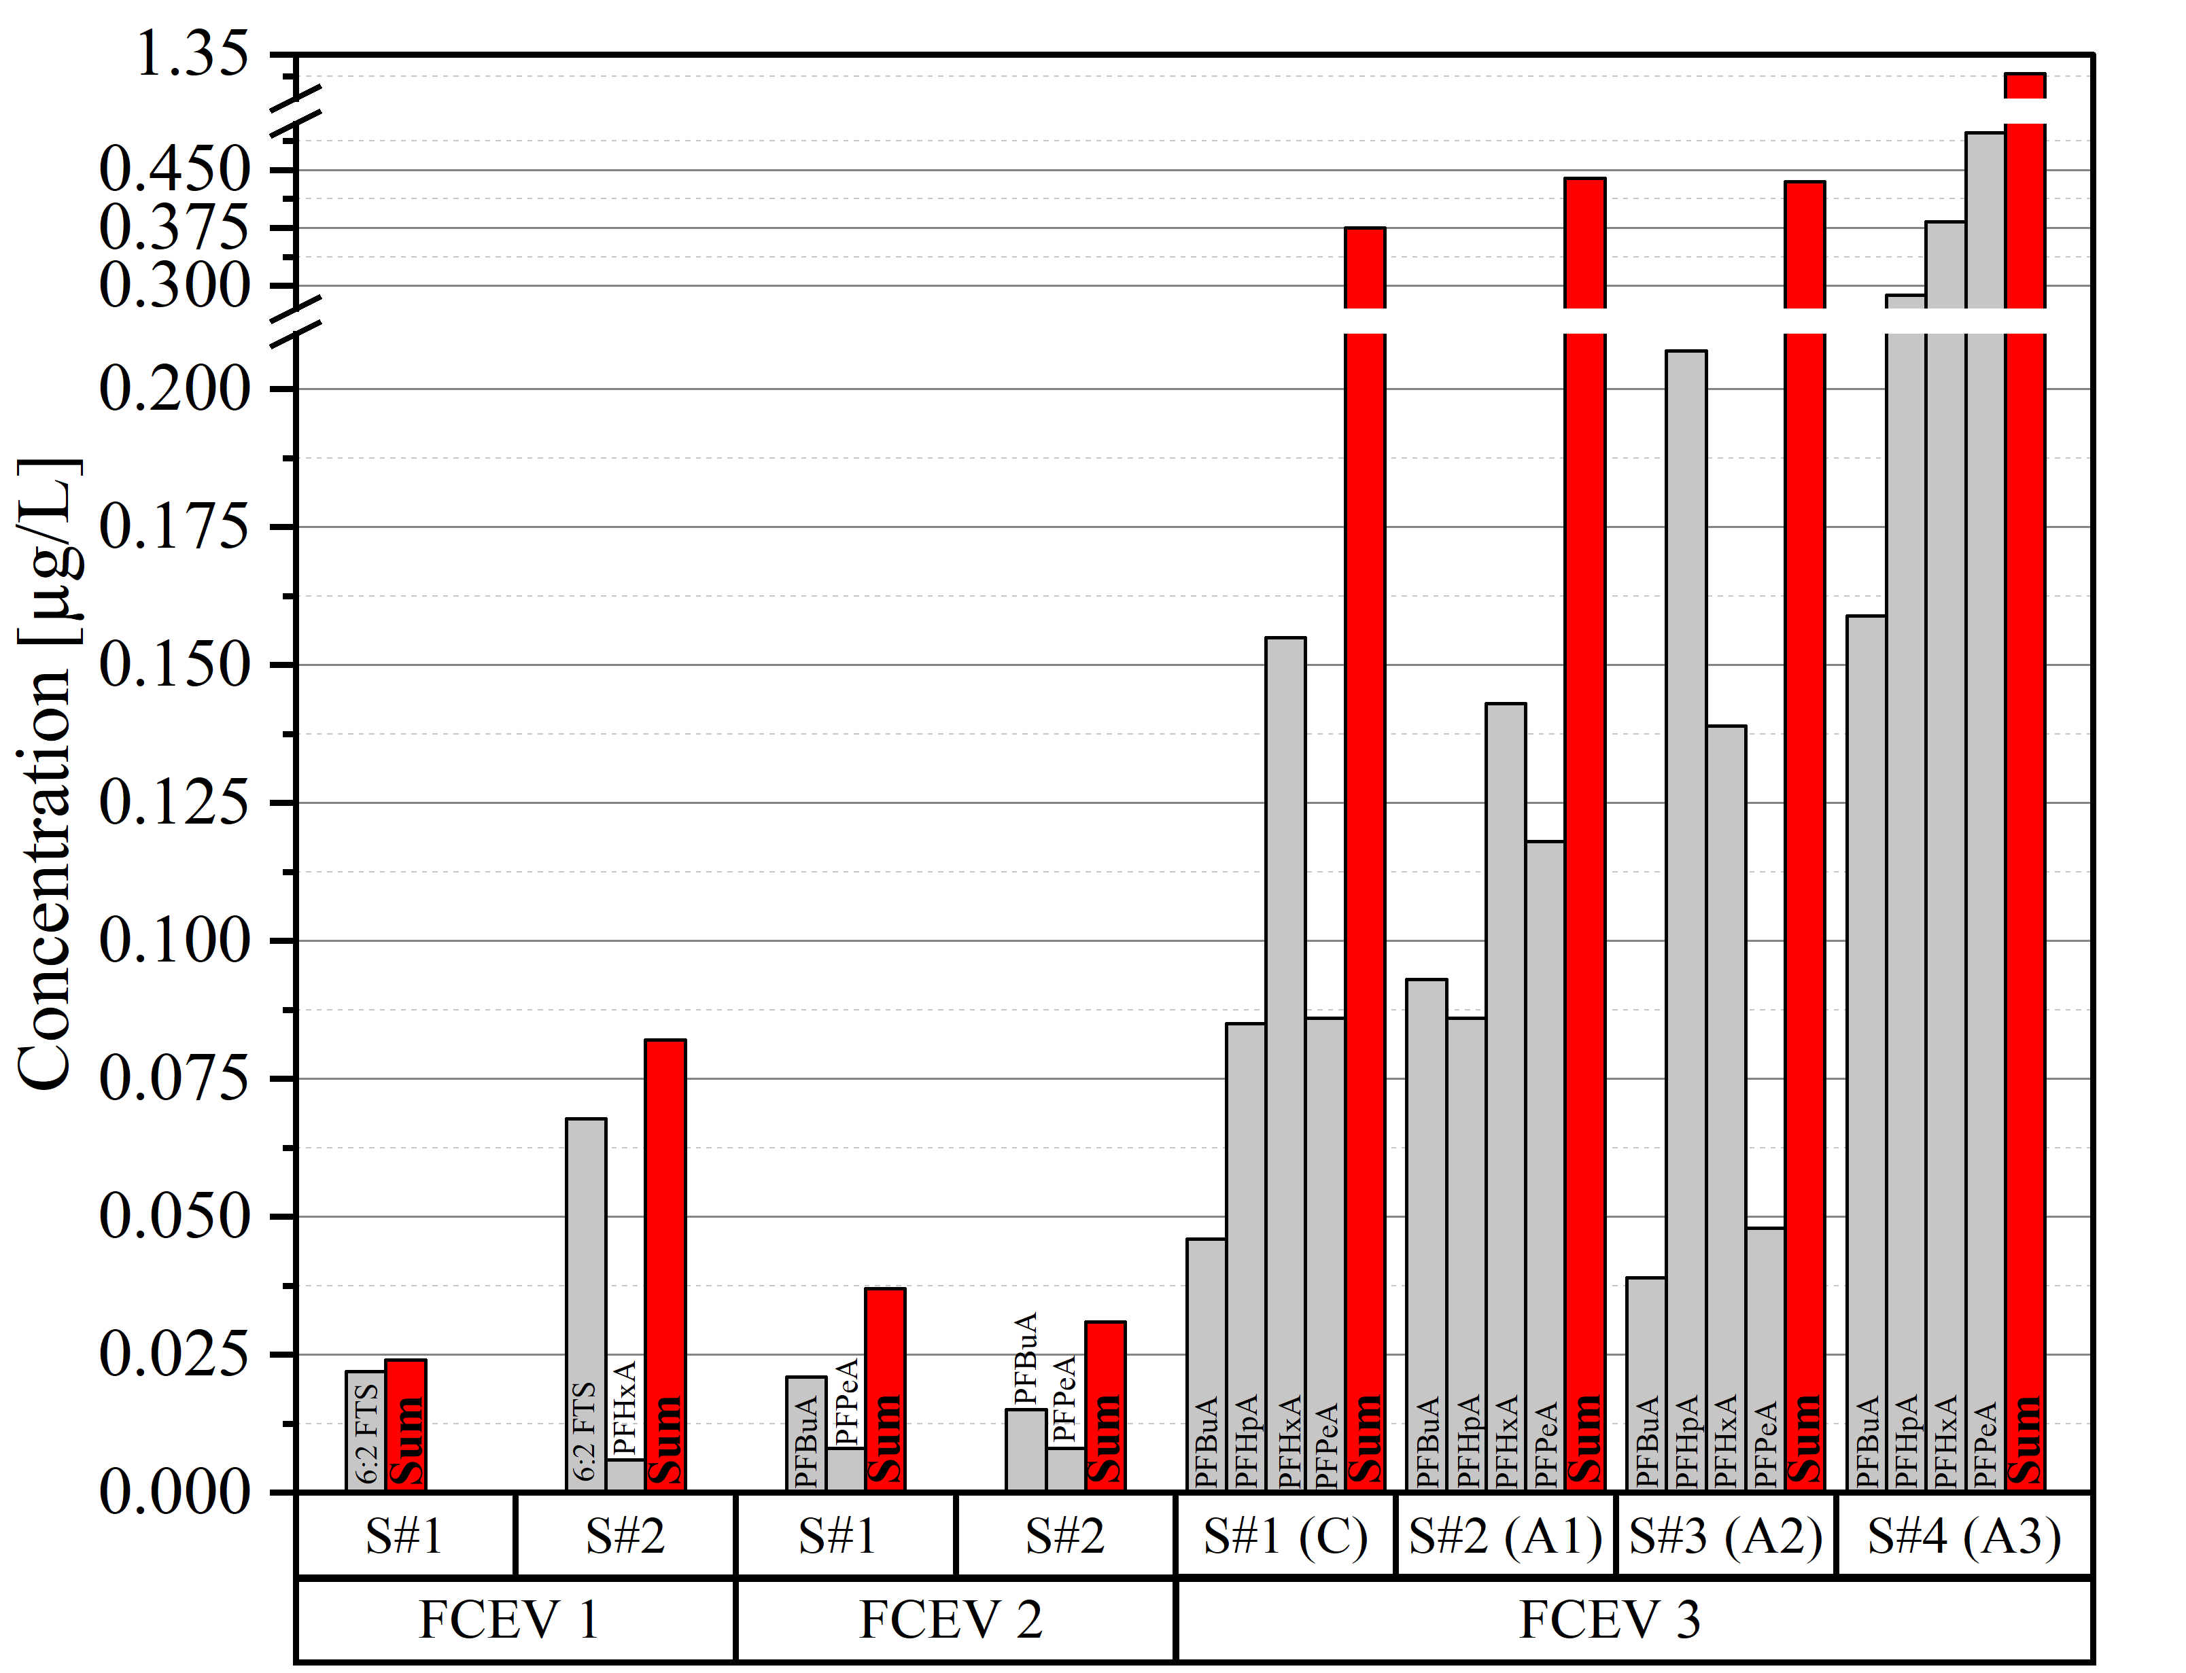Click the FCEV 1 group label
pyautogui.click(x=510, y=1620)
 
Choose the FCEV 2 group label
pyautogui.click(x=951, y=1620)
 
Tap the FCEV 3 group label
pyautogui.click(x=1610, y=1620)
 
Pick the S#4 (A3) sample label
pyautogui.click(x=1964, y=1536)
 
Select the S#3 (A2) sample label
pyautogui.click(x=1726, y=1536)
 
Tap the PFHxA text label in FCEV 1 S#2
pyautogui.click(x=625, y=1409)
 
